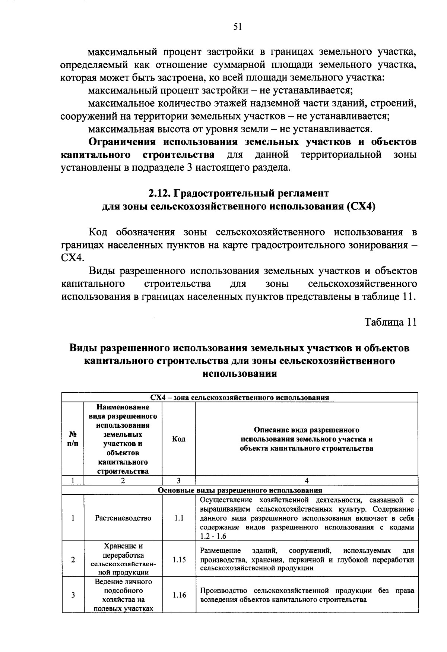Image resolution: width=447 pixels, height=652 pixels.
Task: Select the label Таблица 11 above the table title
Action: tap(390, 322)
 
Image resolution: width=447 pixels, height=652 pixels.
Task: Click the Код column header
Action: tap(179, 439)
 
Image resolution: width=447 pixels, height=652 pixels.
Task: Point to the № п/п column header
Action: tap(73, 439)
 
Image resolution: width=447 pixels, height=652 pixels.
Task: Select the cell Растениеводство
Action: tap(123, 518)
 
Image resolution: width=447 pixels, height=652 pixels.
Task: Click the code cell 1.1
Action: tap(179, 518)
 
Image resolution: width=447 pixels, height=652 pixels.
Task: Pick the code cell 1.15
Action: tap(179, 560)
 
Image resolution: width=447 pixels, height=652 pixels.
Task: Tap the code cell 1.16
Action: tap(179, 595)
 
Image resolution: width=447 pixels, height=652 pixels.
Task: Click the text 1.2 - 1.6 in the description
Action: tap(213, 537)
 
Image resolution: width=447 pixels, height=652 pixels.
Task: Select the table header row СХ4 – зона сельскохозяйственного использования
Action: tap(240, 398)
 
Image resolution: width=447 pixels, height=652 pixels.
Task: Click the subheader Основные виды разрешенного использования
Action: tap(240, 490)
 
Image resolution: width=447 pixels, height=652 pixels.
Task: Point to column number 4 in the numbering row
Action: tap(307, 481)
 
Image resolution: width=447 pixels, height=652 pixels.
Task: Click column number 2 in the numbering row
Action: tap(123, 481)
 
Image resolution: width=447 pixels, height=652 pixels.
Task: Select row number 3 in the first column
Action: tap(73, 595)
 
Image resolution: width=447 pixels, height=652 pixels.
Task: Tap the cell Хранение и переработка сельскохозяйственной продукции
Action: tap(123, 560)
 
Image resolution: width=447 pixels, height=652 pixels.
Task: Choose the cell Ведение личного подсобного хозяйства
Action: tap(123, 595)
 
